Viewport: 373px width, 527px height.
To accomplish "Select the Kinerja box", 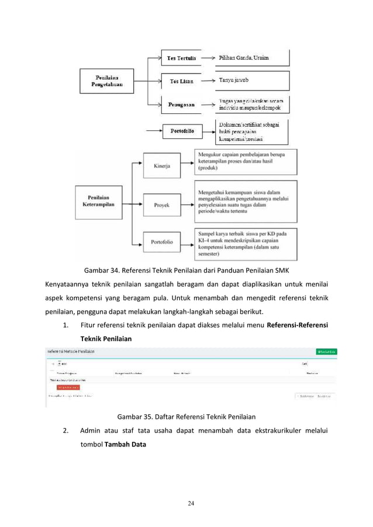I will point(161,166).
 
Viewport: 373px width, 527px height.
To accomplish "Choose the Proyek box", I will point(161,205).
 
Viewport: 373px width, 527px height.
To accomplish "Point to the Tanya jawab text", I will point(234,81).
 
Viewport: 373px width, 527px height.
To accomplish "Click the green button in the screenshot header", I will point(326,351).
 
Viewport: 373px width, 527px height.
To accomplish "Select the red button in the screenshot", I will point(68,387).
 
